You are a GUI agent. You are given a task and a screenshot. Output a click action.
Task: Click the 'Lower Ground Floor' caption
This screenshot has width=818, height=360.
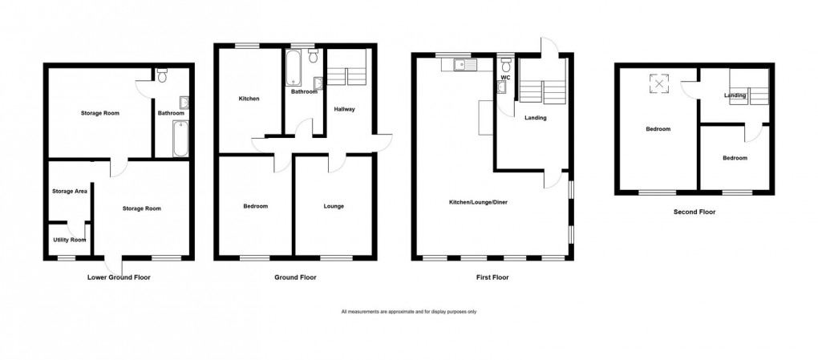pyautogui.click(x=119, y=277)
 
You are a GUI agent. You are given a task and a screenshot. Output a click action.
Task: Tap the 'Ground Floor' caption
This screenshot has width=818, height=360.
pyautogui.click(x=296, y=277)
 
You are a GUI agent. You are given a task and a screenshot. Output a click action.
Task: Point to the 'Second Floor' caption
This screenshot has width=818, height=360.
pyautogui.click(x=694, y=212)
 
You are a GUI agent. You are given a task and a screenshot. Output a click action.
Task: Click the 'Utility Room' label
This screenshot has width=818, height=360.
pyautogui.click(x=69, y=240)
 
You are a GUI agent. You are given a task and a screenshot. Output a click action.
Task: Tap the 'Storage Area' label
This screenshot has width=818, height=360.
pyautogui.click(x=69, y=191)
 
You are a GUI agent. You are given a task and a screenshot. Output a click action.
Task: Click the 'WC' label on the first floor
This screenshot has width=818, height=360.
pyautogui.click(x=505, y=55)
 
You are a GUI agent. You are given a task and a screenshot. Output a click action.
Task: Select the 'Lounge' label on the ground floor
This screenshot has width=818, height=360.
pyautogui.click(x=334, y=206)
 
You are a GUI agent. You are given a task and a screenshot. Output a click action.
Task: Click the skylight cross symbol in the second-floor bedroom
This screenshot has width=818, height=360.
pyautogui.click(x=660, y=83)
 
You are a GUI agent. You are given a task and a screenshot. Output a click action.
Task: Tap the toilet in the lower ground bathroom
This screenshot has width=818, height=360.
pyautogui.click(x=163, y=77)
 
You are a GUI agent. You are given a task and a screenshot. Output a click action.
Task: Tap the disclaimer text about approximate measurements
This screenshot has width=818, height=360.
pyautogui.click(x=408, y=311)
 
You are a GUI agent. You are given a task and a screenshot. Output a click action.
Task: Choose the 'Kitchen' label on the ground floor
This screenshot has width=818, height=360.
pyautogui.click(x=249, y=99)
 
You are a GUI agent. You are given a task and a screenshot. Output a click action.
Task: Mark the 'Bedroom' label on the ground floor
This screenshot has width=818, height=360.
pyautogui.click(x=255, y=206)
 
